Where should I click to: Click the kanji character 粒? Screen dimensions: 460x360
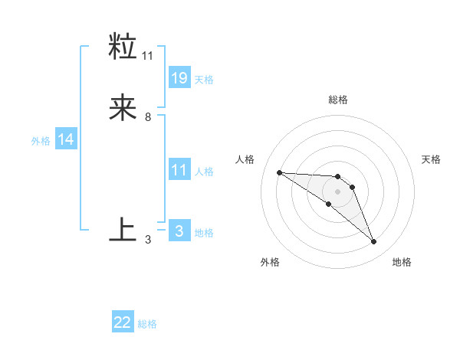(x=123, y=47)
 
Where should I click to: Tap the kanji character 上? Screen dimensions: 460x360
(x=123, y=229)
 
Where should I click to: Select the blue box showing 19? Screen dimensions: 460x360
(x=179, y=77)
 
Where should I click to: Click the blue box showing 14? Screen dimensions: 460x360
(x=66, y=139)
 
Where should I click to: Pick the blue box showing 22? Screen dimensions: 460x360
(x=123, y=322)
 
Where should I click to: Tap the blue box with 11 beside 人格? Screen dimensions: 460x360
(x=179, y=170)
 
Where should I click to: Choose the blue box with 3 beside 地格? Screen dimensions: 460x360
(x=179, y=231)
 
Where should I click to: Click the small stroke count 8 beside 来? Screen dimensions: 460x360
(x=148, y=117)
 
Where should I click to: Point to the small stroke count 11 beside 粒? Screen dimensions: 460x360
(x=148, y=55)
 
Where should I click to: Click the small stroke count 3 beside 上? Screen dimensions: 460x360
(x=148, y=240)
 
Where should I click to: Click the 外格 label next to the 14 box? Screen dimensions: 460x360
(x=41, y=141)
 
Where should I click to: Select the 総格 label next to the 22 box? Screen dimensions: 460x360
(x=147, y=324)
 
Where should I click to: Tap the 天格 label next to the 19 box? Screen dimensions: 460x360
(x=204, y=79)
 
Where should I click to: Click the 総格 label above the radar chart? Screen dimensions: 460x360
(x=338, y=100)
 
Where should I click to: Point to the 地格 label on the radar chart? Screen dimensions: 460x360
(x=402, y=262)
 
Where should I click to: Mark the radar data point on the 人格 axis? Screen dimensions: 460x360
(x=279, y=172)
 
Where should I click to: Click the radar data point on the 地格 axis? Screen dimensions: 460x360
(x=373, y=242)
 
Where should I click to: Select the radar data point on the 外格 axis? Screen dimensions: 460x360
(x=329, y=204)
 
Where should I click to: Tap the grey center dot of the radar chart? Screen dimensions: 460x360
(x=337, y=191)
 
